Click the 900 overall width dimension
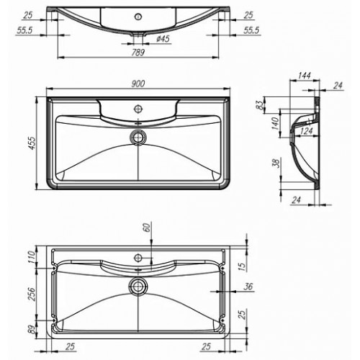[x=138, y=84]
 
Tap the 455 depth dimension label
[x=32, y=143]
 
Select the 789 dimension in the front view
[x=138, y=52]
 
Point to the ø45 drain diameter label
[x=163, y=39]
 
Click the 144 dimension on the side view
[x=304, y=76]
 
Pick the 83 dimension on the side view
[x=260, y=104]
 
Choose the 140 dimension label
[x=276, y=123]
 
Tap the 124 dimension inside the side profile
[x=307, y=131]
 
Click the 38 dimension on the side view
[x=276, y=163]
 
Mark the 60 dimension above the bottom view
[x=148, y=227]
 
